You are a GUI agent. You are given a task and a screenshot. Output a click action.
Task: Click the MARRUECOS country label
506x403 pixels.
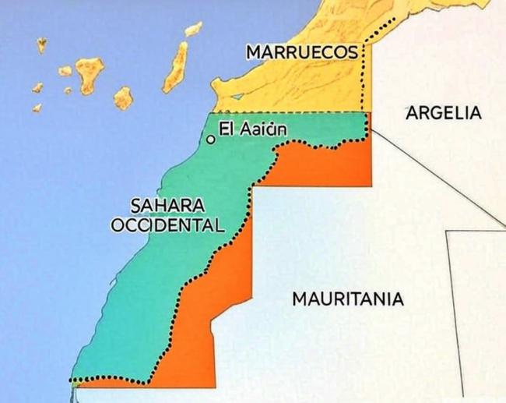[x=301, y=52]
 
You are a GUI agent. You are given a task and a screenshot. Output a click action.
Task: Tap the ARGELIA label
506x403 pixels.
[x=444, y=113]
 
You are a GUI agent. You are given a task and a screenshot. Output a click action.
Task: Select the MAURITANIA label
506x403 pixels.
[x=347, y=299]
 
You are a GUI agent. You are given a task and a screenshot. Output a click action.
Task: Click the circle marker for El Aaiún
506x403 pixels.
[x=209, y=140]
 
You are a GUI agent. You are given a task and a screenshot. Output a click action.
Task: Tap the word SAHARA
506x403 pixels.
[x=167, y=207]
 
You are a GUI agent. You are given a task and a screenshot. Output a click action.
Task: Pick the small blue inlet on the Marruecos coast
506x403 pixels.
[x=237, y=97]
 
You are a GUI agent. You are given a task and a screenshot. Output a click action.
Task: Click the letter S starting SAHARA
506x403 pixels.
[x=135, y=207]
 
